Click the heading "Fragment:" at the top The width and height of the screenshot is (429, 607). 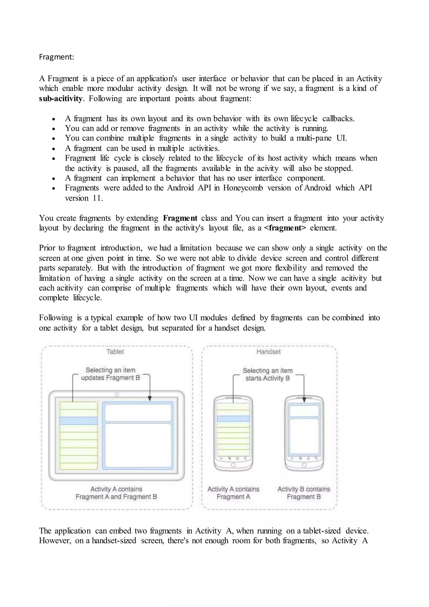(57, 57)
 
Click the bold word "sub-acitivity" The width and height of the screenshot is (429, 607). (61, 99)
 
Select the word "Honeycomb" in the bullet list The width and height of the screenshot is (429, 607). (243, 188)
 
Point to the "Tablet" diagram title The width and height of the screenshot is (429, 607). (115, 352)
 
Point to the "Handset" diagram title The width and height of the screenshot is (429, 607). (268, 352)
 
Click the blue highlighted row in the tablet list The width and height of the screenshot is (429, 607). (79, 421)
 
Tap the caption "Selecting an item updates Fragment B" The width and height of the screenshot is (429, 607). (110, 374)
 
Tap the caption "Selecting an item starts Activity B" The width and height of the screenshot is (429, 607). (267, 374)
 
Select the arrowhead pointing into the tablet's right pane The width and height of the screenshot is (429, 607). (150, 399)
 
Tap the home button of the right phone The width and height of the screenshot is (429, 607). (304, 465)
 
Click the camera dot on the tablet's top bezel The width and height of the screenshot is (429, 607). (116, 394)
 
